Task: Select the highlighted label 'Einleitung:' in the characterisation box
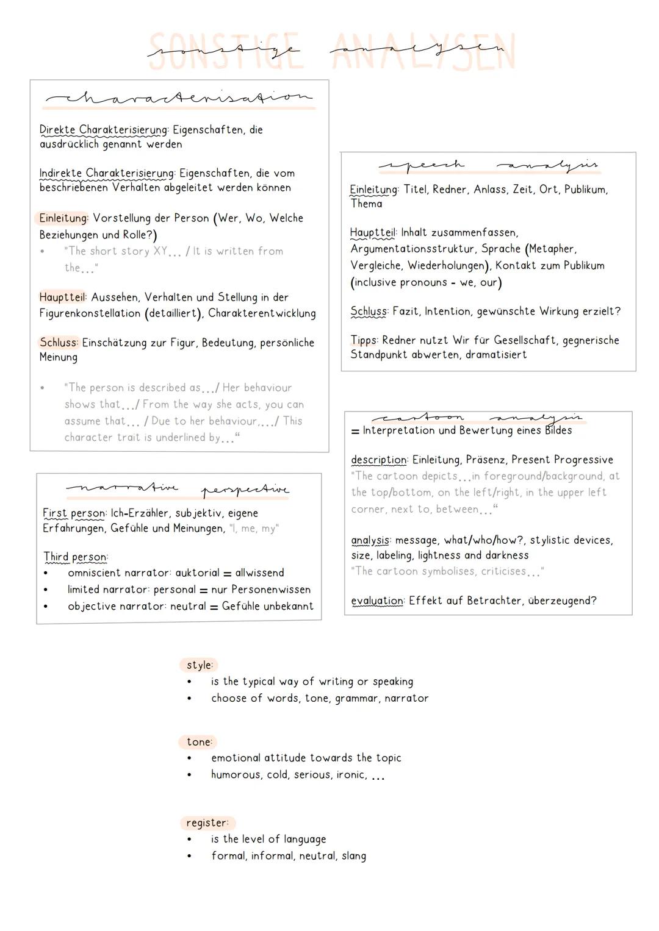[63, 218]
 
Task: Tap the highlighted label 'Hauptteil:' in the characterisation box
[63, 298]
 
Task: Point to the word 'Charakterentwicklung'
[262, 313]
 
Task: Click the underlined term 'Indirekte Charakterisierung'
[107, 173]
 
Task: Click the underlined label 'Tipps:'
[364, 340]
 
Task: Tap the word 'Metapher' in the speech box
[552, 249]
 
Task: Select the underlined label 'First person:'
[75, 513]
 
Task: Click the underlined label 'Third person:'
[75, 557]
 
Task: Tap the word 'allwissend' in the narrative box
[259, 573]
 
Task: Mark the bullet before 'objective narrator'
[46, 607]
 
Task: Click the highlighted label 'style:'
[199, 665]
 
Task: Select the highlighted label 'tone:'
[199, 742]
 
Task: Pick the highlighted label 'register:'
[207, 823]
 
